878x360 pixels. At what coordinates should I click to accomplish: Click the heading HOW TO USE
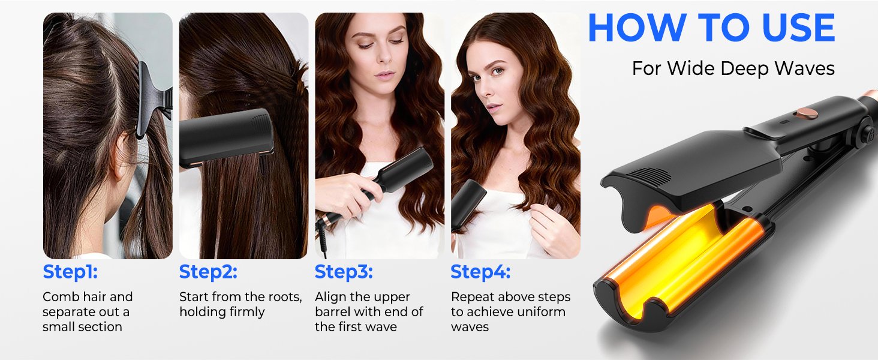point(711,28)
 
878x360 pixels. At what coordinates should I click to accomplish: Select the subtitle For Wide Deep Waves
point(733,68)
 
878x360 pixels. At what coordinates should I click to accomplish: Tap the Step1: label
point(70,272)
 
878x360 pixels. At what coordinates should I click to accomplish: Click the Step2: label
point(208,272)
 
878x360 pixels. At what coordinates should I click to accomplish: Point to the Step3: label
point(344,272)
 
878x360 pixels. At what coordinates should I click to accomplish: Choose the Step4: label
point(480,272)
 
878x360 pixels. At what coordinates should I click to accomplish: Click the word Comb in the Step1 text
point(58,297)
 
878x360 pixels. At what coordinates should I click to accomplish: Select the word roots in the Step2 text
point(285,297)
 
